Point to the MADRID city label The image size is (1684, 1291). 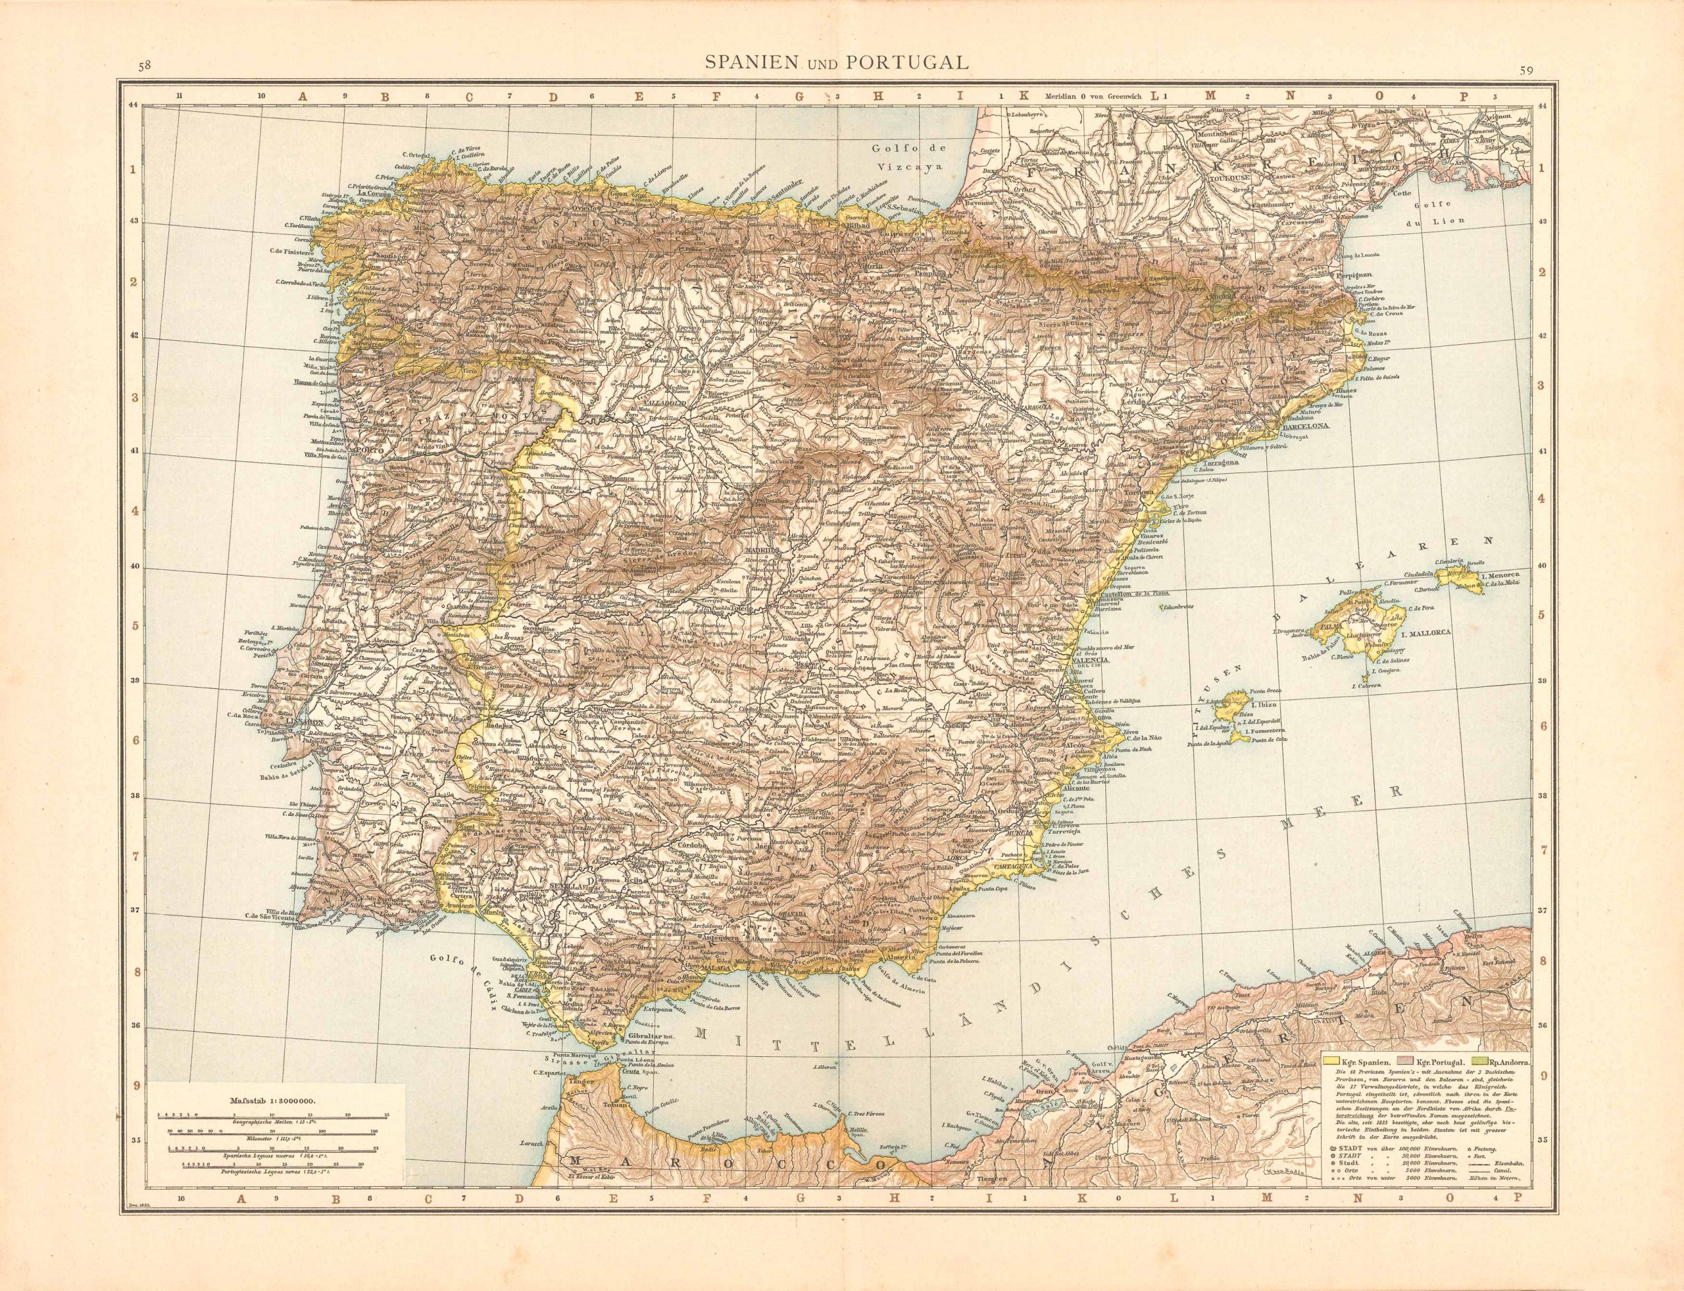(761, 551)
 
